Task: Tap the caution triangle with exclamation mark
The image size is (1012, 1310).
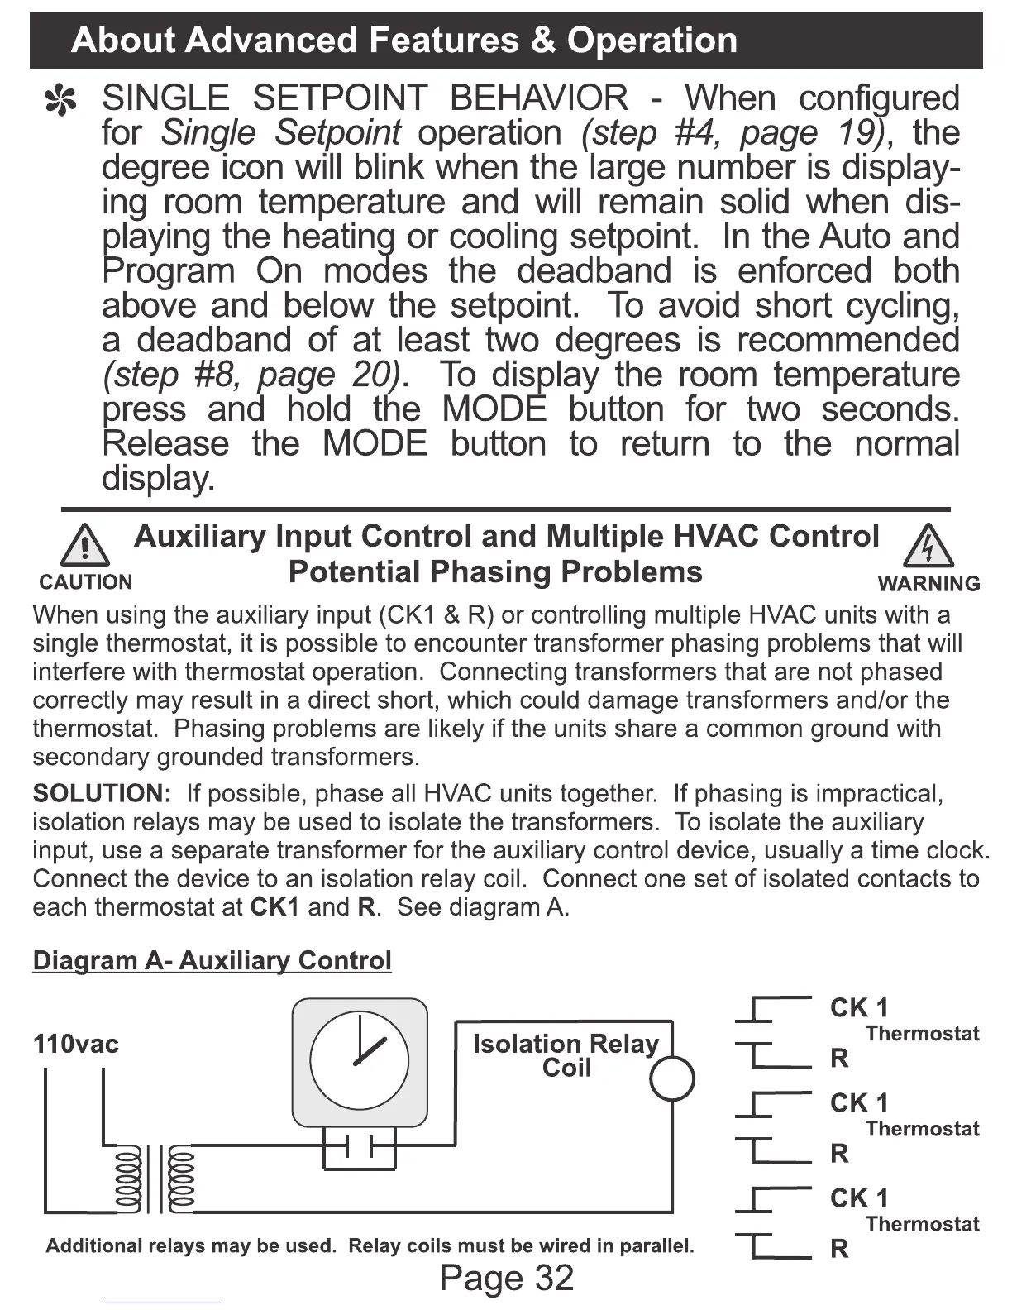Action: (85, 547)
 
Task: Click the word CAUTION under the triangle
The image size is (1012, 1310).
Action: (85, 582)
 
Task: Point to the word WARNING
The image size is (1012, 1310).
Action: (928, 583)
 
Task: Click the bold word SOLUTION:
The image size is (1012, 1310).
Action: (102, 794)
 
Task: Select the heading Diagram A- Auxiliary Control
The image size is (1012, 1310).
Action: (212, 960)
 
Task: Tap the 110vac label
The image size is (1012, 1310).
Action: (75, 1044)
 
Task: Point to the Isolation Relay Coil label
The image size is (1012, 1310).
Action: (566, 1055)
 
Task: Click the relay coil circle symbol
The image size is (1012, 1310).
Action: (672, 1078)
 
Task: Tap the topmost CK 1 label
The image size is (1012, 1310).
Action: (859, 1007)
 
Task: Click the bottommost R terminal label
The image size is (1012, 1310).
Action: (839, 1248)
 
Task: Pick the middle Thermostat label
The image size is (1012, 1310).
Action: (922, 1129)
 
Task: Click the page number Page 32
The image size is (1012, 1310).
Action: (506, 1278)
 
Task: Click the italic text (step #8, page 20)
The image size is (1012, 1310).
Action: (251, 375)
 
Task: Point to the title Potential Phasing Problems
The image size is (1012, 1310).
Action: (495, 571)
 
